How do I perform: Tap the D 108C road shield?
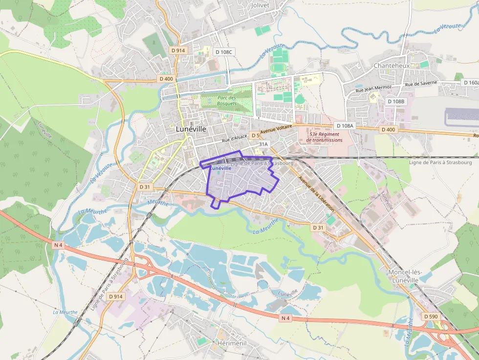225,51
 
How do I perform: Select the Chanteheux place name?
391,65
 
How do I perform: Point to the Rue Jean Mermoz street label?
373,89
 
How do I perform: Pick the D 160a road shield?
470,83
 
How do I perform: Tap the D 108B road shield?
395,101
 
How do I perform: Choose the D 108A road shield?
345,126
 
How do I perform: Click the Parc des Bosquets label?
227,101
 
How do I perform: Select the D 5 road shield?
255,135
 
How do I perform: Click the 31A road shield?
263,144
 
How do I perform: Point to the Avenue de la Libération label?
317,193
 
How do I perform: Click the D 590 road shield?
431,317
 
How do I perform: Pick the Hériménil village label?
232,344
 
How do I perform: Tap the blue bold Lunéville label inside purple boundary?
221,168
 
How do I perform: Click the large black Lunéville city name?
191,129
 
